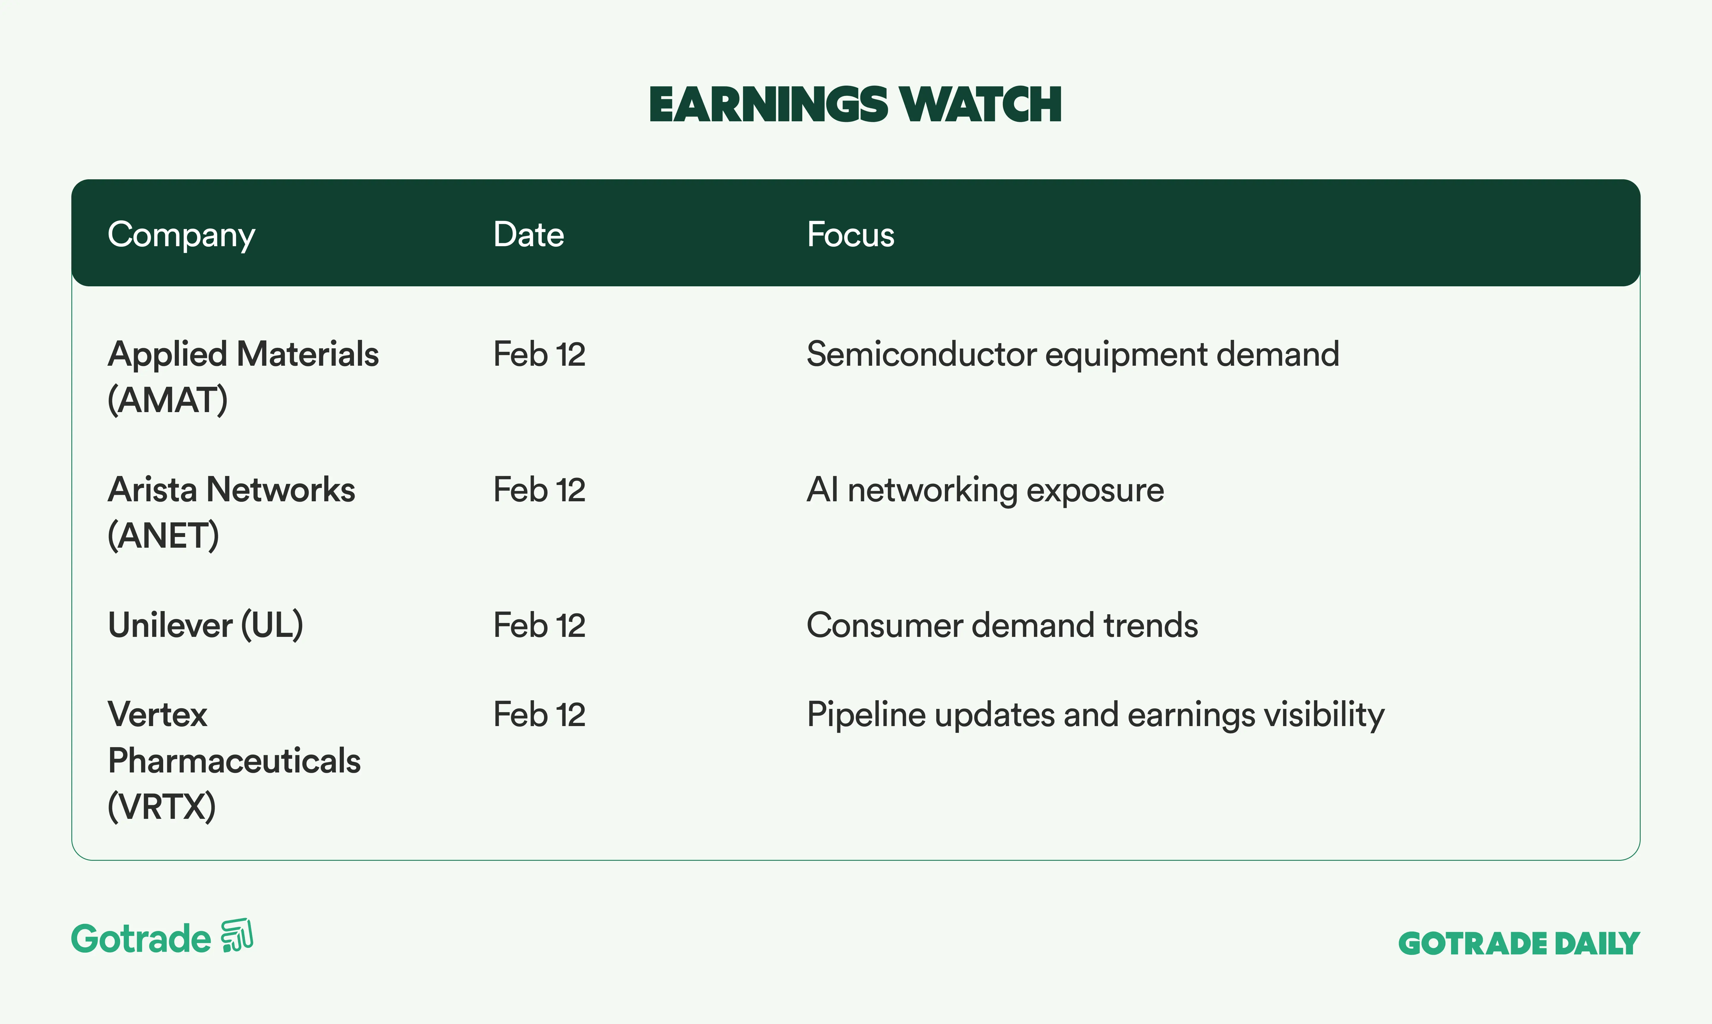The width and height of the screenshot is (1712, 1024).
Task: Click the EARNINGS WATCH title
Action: (855, 105)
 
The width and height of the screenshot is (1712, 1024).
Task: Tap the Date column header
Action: (528, 235)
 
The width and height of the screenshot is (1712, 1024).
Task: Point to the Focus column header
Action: (850, 235)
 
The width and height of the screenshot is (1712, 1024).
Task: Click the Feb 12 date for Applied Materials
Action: (539, 354)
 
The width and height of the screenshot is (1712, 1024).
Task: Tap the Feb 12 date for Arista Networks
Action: (539, 490)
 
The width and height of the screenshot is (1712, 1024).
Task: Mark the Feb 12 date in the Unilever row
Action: (539, 625)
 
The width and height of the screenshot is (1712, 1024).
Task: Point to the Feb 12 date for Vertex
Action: (539, 714)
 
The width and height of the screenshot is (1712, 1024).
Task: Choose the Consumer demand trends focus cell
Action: (1002, 625)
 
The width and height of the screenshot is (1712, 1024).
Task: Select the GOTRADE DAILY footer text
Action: (1519, 943)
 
